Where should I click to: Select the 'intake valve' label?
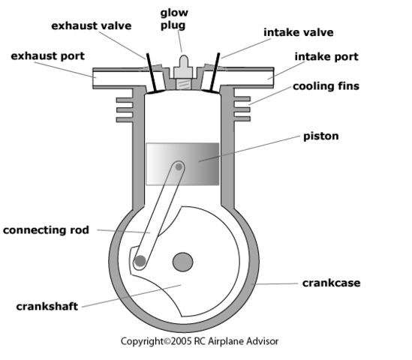coord(298,32)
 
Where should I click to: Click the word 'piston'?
coord(322,136)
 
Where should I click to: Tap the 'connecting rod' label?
coord(46,229)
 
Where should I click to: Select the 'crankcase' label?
coord(331,283)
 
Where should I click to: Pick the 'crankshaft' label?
coord(48,306)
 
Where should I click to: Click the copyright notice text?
coord(200,340)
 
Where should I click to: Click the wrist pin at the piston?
coord(179,166)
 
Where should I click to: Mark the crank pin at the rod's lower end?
coord(140,262)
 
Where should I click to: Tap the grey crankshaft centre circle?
coord(182,262)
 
